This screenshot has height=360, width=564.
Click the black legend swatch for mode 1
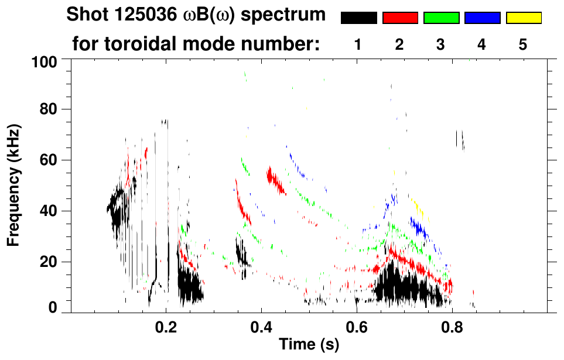pyautogui.click(x=358, y=18)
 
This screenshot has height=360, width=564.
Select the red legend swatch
pyautogui.click(x=400, y=18)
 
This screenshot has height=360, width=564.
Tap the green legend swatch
pyautogui.click(x=441, y=18)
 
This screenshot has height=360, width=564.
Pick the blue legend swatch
pyautogui.click(x=482, y=18)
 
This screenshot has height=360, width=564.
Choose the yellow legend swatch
pyautogui.click(x=523, y=18)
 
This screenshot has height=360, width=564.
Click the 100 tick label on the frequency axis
pyautogui.click(x=45, y=61)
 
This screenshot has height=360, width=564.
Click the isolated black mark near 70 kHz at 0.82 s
pyautogui.click(x=460, y=139)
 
